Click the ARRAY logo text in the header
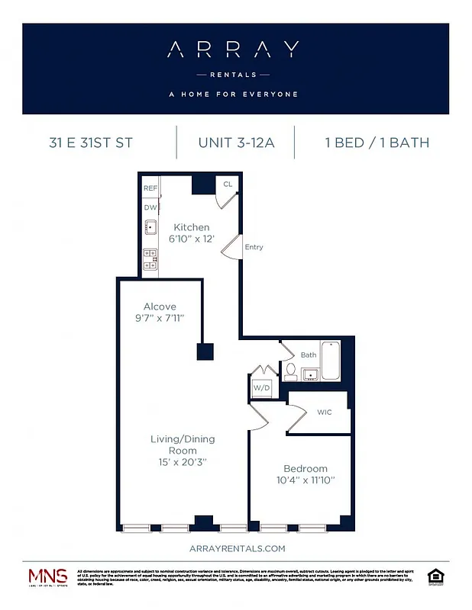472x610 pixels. coord(233,50)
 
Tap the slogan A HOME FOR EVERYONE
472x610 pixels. coord(233,95)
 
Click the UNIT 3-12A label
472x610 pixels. coord(236,143)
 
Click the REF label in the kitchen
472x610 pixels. coord(150,187)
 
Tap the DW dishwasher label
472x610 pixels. coord(150,206)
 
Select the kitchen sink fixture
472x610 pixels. coord(151,227)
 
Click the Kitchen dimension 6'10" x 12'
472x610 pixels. coord(191,239)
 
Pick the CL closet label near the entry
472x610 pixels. coord(228,185)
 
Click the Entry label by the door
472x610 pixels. coord(254,247)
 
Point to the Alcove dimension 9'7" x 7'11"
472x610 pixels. coord(160,318)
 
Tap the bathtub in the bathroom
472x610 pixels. coord(330,361)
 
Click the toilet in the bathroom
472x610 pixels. coord(291,371)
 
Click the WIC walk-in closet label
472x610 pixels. coord(325,413)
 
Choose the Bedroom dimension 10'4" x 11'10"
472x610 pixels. coord(305,480)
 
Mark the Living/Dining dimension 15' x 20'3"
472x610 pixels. coord(182,462)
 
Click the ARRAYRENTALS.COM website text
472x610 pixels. coord(236,548)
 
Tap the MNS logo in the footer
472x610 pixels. coord(47,578)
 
